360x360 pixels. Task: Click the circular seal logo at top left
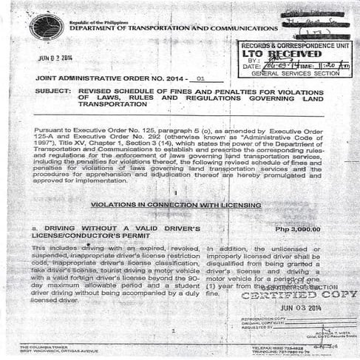pos(46,27)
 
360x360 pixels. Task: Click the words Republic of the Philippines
pos(96,22)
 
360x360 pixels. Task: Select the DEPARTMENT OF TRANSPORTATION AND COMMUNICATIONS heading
pos(163,29)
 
